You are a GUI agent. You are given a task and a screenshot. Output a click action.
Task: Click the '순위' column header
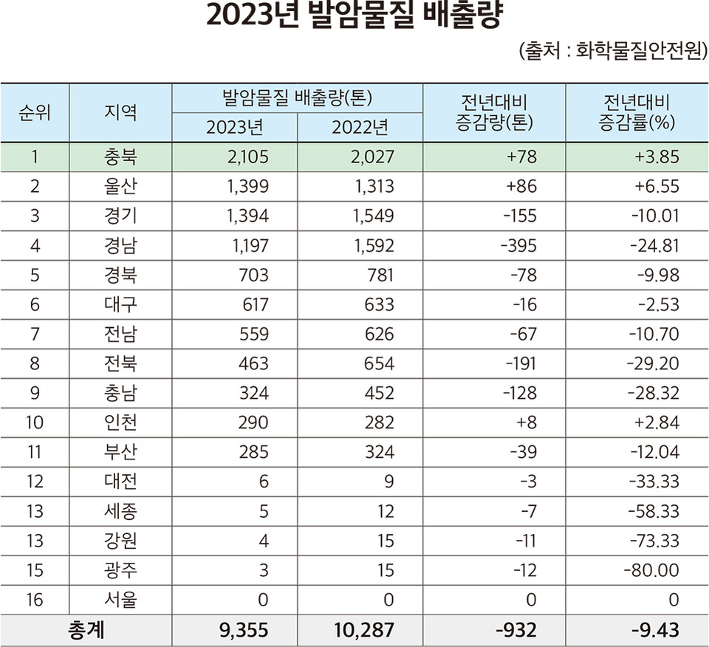pos(35,113)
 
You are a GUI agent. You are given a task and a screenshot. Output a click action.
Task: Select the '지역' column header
pos(120,113)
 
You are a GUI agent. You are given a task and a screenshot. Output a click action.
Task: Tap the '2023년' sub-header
pos(234,128)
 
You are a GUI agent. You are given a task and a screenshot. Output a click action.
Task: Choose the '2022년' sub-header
pos(360,128)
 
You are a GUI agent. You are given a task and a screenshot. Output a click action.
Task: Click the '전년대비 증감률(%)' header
pos(637,113)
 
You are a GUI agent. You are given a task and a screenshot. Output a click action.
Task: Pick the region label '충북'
pos(120,157)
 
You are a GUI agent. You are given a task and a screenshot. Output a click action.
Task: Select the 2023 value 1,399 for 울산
pos(244,186)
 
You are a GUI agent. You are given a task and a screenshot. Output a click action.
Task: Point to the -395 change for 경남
pos(516,245)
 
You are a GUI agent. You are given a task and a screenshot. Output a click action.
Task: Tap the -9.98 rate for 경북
pos(656,275)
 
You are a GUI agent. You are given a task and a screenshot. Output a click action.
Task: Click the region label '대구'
pos(120,304)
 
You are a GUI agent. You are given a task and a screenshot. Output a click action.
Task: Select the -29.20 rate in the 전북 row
pos(652,363)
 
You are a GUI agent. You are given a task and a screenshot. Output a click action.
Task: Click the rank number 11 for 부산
pos(35,452)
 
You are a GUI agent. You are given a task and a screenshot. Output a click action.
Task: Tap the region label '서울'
pos(120,600)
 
